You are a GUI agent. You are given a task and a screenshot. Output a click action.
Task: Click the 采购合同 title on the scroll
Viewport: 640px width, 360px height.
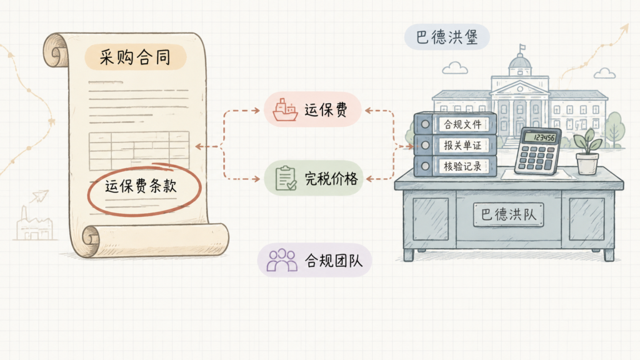[x=135, y=57]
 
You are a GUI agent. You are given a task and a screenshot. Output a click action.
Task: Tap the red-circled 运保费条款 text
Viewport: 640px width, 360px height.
[x=141, y=186]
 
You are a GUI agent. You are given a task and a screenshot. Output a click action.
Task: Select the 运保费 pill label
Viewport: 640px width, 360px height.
[x=326, y=110]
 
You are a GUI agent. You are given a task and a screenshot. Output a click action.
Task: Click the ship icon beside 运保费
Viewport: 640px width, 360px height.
[x=285, y=109]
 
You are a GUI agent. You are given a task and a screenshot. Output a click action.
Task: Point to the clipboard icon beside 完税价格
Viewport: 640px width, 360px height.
[x=286, y=178]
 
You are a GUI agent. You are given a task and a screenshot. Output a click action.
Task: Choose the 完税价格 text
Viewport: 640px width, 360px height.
[x=331, y=178]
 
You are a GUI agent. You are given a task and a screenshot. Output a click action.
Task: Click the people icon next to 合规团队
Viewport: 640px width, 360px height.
[x=282, y=260]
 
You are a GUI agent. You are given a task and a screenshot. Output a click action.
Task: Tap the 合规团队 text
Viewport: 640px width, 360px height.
[x=334, y=261]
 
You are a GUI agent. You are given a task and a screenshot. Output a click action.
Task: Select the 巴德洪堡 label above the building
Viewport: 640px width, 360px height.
[x=446, y=37]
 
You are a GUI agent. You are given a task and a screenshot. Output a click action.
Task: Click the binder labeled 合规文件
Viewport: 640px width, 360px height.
[x=455, y=124]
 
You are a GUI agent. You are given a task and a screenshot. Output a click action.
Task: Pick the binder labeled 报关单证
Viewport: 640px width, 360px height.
[x=455, y=145]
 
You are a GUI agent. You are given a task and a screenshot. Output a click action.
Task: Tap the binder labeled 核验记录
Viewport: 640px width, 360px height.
[x=455, y=166]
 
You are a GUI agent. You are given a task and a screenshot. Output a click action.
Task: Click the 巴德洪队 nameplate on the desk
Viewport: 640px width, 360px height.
[x=508, y=214]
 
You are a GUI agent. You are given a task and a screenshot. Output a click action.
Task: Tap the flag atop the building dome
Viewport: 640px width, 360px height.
[x=522, y=47]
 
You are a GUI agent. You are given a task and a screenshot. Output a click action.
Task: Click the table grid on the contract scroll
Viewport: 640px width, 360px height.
[x=139, y=150]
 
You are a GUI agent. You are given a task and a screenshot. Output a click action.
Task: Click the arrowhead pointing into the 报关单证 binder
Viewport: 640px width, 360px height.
[x=411, y=146]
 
